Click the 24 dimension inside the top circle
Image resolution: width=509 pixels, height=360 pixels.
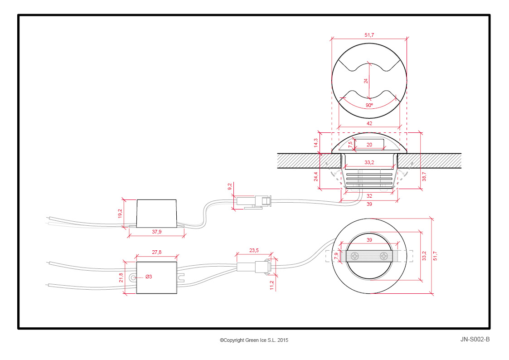pyautogui.click(x=366, y=81)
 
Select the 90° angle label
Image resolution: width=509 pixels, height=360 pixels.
pyautogui.click(x=369, y=105)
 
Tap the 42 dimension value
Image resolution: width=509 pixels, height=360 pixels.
pyautogui.click(x=369, y=123)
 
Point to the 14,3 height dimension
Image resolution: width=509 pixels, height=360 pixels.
pyautogui.click(x=316, y=143)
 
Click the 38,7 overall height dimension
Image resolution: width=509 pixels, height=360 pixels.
pyautogui.click(x=424, y=176)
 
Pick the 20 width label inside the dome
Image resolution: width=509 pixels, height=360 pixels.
pyautogui.click(x=369, y=145)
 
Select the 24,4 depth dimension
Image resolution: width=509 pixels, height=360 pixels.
pyautogui.click(x=316, y=176)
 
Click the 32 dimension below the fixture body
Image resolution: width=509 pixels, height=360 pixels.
pyautogui.click(x=369, y=196)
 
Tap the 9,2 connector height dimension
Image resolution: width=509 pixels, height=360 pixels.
pyautogui.click(x=230, y=187)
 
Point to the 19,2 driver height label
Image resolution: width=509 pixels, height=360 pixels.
pyautogui.click(x=120, y=213)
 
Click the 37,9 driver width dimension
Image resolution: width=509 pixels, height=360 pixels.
pyautogui.click(x=156, y=232)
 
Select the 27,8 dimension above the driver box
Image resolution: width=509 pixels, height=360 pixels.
pyautogui.click(x=156, y=252)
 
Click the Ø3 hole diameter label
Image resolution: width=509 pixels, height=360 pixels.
pyautogui.click(x=149, y=277)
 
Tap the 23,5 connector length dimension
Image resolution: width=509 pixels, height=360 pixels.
pyautogui.click(x=254, y=250)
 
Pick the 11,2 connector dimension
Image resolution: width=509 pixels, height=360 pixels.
pyautogui.click(x=271, y=285)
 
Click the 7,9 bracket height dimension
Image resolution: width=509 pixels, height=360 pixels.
pyautogui.click(x=336, y=256)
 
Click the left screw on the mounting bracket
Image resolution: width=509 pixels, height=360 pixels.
pyautogui.click(x=355, y=256)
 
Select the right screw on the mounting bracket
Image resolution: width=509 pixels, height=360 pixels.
pyautogui.click(x=384, y=256)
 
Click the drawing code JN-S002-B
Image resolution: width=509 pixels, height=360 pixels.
pyautogui.click(x=475, y=339)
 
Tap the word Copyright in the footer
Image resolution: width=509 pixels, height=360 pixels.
pyautogui.click(x=234, y=340)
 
